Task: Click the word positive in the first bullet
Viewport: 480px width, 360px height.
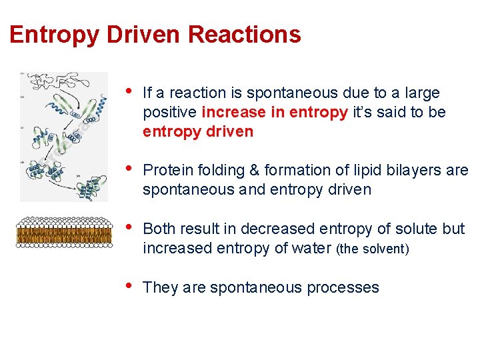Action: [x=169, y=112]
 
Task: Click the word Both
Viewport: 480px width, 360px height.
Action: [x=161, y=229]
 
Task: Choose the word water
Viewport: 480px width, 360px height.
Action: [x=311, y=248]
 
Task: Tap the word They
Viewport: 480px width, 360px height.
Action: [x=161, y=288]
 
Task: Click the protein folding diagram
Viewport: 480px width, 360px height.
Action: [x=64, y=137]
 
